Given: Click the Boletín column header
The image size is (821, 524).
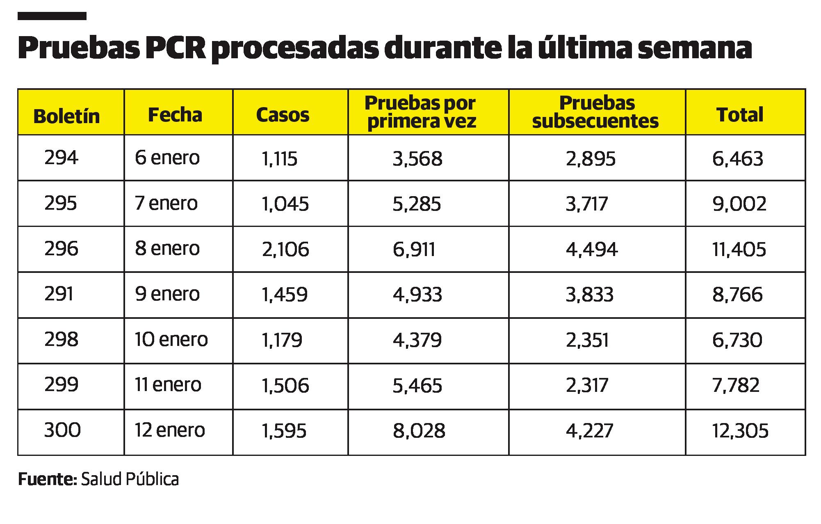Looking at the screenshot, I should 66,116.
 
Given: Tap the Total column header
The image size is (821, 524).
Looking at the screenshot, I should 740,114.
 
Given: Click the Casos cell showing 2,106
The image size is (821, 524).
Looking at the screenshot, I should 285,249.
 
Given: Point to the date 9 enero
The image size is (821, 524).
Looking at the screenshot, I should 167,294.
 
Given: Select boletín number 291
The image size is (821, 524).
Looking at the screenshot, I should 59,294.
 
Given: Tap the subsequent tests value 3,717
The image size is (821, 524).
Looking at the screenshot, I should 586,204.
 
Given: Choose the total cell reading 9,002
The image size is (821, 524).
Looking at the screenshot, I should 739,204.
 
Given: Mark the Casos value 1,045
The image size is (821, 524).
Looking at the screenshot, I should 285,204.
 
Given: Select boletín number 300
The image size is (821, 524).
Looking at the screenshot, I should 62,430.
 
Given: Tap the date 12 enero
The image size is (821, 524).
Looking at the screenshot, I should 170,430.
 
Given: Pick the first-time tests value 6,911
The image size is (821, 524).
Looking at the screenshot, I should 414,249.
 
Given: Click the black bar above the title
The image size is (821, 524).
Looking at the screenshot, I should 52,16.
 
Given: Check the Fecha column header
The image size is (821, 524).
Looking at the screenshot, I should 175,115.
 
